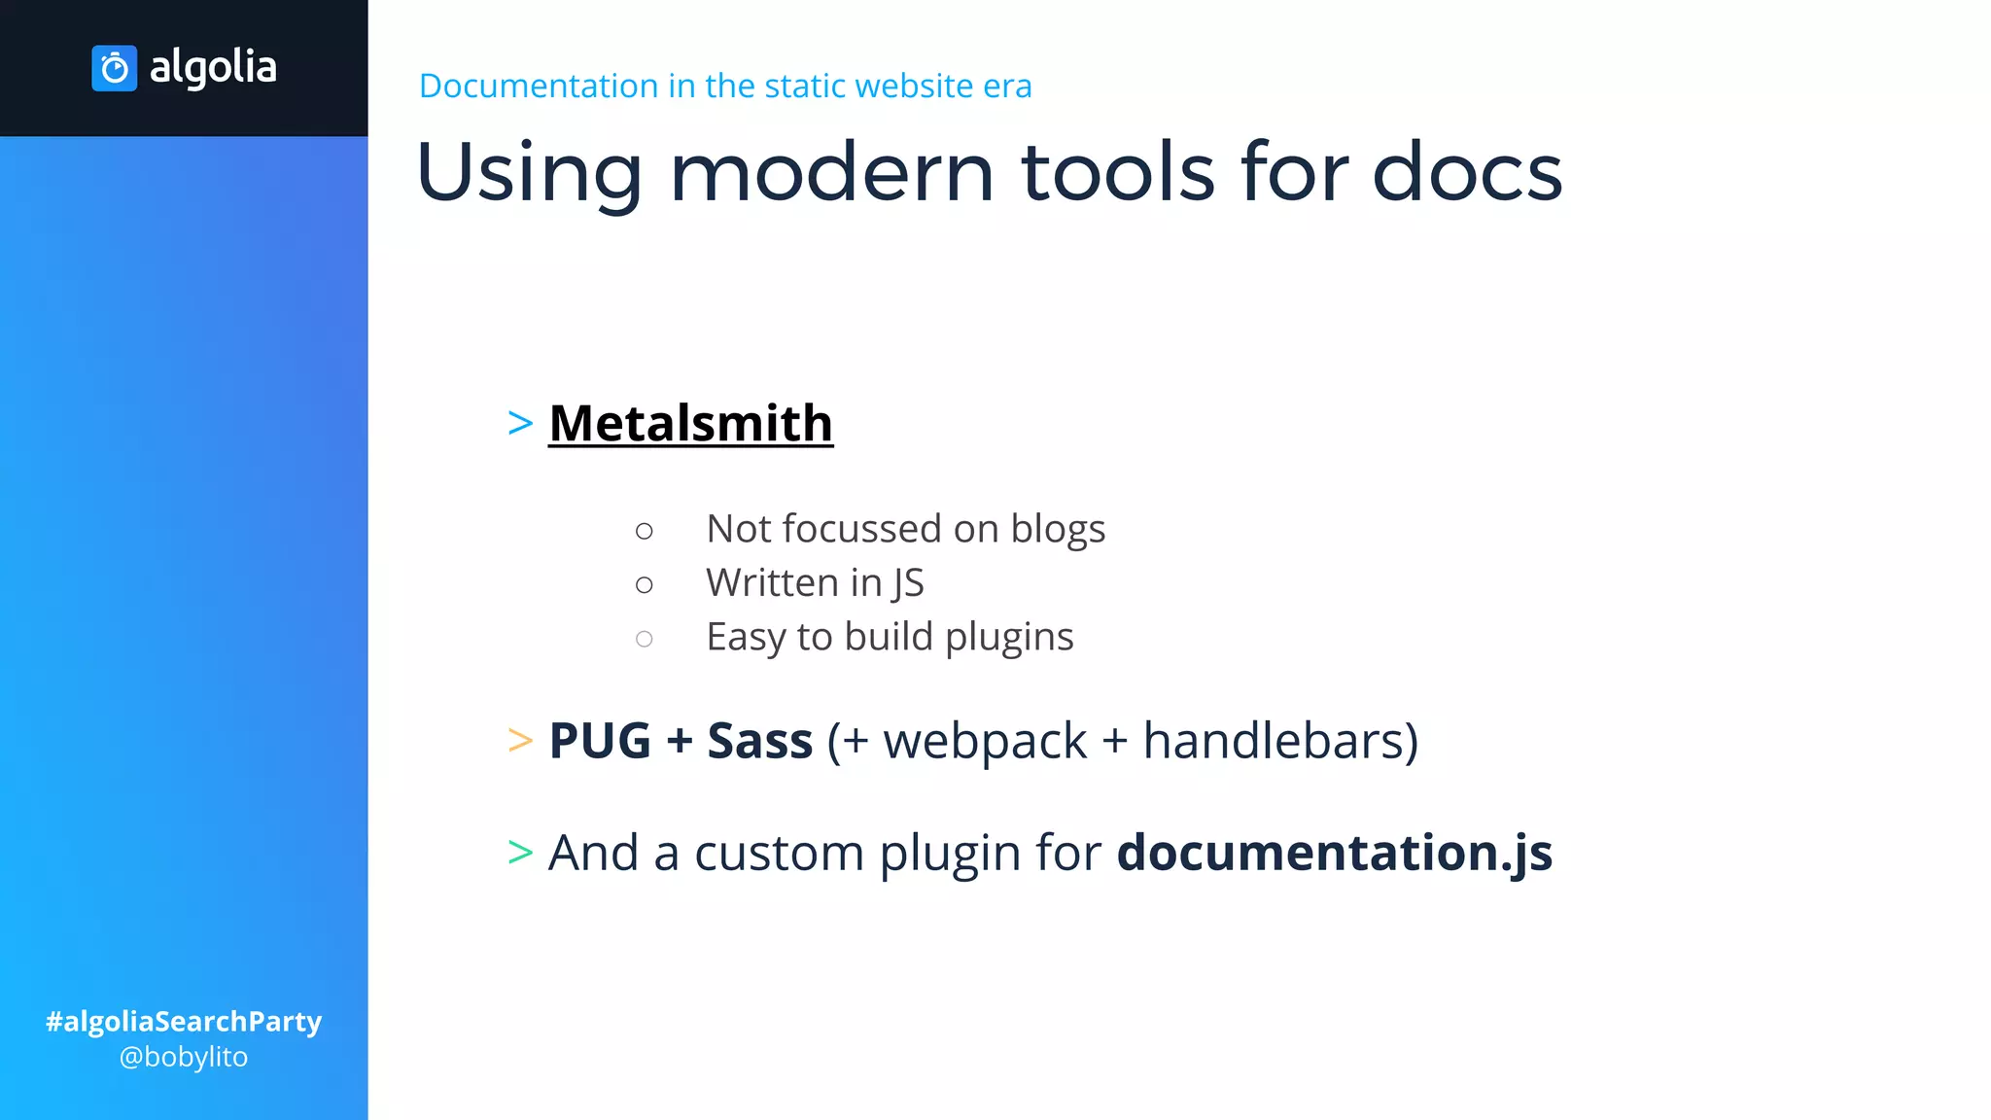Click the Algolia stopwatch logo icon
point(115,68)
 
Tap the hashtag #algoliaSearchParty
point(184,1021)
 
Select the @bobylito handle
point(184,1057)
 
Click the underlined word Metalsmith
point(690,424)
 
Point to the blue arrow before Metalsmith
point(521,424)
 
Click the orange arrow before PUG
point(521,741)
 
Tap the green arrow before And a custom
point(521,853)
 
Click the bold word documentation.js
point(1334,853)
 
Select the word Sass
point(759,741)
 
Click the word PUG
point(600,741)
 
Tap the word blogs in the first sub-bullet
point(1058,530)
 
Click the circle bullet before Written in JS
point(644,585)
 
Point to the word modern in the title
point(831,172)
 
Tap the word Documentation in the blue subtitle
point(539,86)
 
